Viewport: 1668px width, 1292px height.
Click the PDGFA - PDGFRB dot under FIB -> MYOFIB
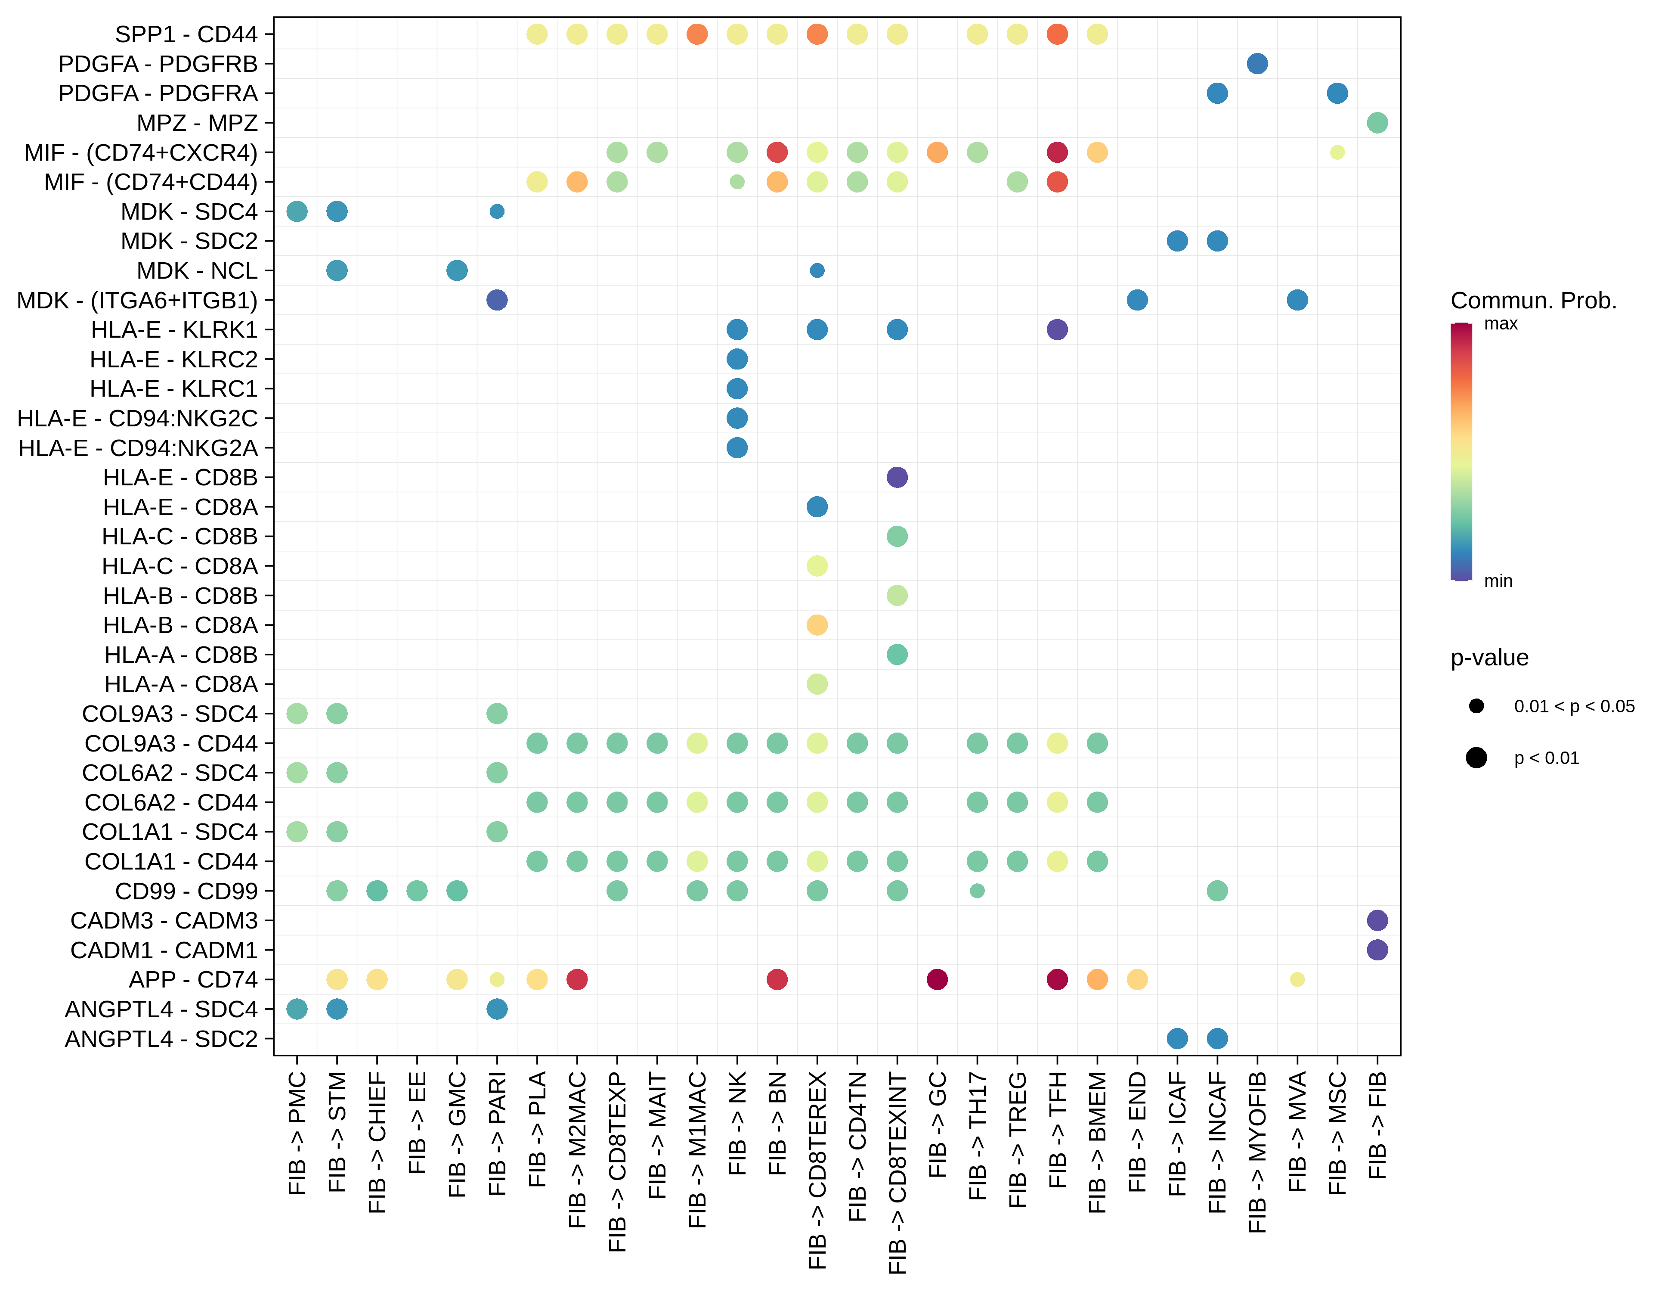click(1257, 63)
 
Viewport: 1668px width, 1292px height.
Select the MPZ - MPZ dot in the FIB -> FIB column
click(1377, 122)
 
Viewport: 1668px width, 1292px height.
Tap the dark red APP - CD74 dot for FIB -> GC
click(937, 979)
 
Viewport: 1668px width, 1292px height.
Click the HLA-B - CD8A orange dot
click(817, 625)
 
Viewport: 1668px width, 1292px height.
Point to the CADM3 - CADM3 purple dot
click(1377, 920)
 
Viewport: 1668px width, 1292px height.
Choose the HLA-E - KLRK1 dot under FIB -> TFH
click(1057, 329)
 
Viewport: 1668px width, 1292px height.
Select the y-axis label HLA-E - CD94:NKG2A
click(138, 448)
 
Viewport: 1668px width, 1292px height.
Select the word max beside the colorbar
click(1501, 324)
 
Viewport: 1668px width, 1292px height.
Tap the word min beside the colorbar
click(1498, 581)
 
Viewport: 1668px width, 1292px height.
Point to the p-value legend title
click(1489, 658)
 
